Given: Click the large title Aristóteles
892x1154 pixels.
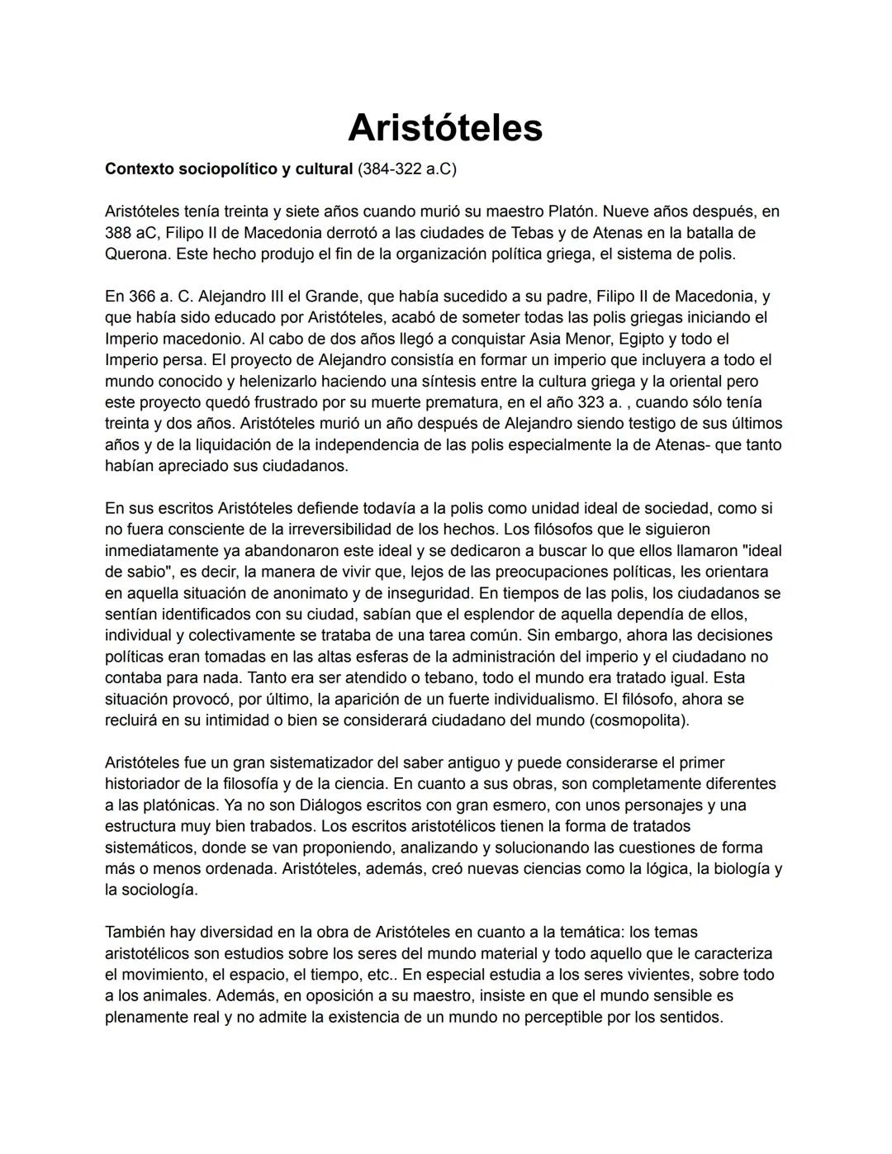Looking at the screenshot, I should coord(445,127).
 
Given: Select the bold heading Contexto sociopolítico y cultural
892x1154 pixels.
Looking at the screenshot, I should coord(228,169).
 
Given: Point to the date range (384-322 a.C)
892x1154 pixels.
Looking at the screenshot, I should coord(406,169).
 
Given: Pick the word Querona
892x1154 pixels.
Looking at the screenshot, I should coord(137,254).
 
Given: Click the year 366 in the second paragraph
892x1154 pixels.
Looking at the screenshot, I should coord(142,297).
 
